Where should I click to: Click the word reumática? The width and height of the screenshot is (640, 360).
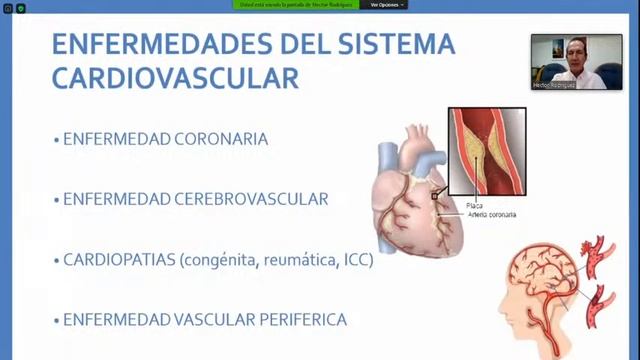point(297,260)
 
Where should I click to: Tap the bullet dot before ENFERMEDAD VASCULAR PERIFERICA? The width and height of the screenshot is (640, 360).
point(56,321)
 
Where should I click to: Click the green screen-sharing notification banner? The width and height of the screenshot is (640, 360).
point(297,5)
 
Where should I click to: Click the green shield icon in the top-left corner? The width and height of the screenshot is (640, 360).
point(20,8)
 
